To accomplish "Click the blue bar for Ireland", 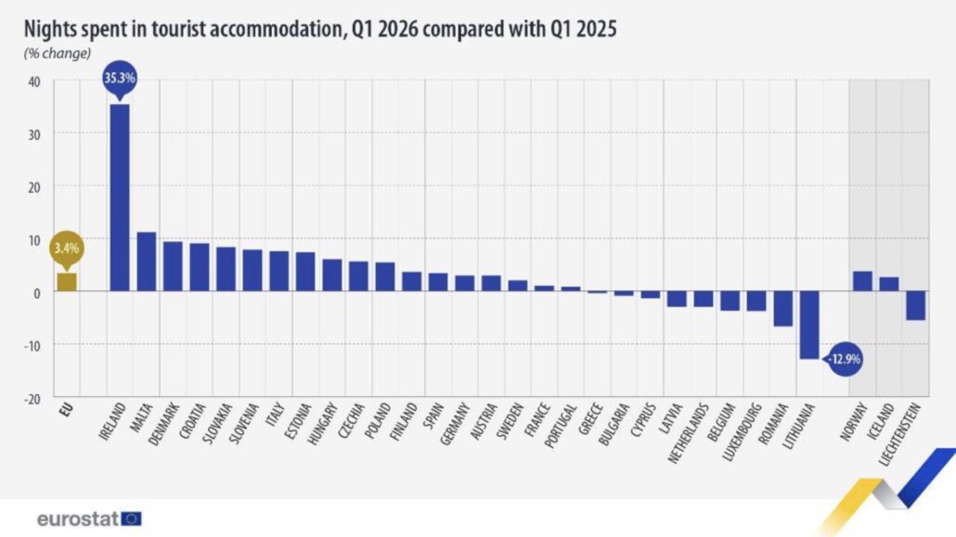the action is click(120, 198).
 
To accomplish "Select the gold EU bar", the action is click(67, 282).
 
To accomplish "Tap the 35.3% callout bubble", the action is click(120, 79).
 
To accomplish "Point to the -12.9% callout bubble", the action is click(845, 359).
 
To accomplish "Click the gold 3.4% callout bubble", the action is click(67, 249).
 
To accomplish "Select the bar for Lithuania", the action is click(809, 325).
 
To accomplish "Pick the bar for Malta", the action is click(147, 262).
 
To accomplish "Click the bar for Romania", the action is click(782, 309).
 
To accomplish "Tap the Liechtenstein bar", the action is click(915, 305).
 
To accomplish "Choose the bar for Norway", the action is click(862, 281).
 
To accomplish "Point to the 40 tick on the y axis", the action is click(34, 82).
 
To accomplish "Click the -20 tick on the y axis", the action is click(32, 399).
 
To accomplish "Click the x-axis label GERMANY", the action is click(455, 424).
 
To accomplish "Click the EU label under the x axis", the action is click(66, 410).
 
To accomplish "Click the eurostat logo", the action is click(89, 519).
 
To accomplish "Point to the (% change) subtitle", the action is click(58, 54).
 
